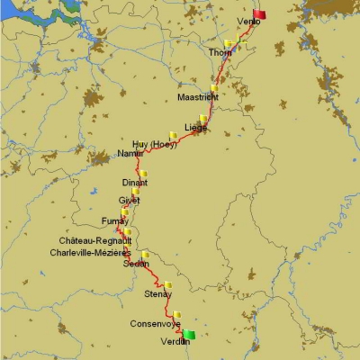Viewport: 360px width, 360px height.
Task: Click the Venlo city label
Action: pos(248,22)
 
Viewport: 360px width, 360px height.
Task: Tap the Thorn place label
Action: pos(220,53)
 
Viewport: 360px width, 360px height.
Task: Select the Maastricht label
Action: pos(197,96)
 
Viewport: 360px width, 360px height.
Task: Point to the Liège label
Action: pos(196,128)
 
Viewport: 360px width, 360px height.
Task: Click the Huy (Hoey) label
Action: pos(154,144)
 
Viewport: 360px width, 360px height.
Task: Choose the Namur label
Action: pos(130,154)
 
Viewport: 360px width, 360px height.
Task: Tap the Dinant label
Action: pos(134,183)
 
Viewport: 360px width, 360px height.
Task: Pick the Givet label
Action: pos(129,201)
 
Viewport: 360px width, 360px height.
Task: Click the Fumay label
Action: pos(115,221)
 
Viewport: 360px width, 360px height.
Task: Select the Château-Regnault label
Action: pos(95,241)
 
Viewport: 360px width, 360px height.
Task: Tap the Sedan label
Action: pos(136,264)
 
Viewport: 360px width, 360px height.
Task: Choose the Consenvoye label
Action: pos(155,323)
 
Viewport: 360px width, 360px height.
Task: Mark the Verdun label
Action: pos(175,342)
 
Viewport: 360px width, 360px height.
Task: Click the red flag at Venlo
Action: pos(260,13)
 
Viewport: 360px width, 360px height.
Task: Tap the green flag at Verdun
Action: pos(189,335)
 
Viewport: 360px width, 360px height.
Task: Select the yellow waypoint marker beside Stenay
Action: pos(167,285)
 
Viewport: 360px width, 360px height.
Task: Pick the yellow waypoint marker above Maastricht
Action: pos(213,87)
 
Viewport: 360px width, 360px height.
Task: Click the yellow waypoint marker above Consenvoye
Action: pos(177,315)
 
